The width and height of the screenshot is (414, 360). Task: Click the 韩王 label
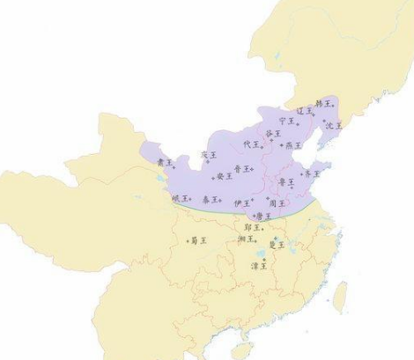tap(323, 104)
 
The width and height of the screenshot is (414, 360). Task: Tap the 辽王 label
tap(304, 112)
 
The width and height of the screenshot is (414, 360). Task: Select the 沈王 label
tap(333, 125)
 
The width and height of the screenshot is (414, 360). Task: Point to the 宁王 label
tap(285, 121)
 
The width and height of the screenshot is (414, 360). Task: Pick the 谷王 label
tap(273, 134)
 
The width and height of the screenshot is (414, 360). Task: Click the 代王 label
tap(251, 144)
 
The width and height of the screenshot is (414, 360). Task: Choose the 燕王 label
tap(292, 145)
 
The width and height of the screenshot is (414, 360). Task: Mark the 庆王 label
tap(208, 155)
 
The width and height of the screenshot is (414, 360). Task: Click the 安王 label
tap(224, 176)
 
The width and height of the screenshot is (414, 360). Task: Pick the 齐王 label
tap(312, 174)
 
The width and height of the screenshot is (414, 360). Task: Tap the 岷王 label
tap(181, 199)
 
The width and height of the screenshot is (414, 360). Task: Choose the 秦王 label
tap(211, 201)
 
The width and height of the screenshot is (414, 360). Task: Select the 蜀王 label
tap(197, 240)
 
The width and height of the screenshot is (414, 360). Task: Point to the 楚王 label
tap(277, 243)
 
